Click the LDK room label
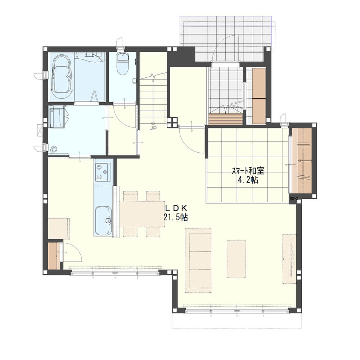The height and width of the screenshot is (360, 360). pyautogui.click(x=176, y=208)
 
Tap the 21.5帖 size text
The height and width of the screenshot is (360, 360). pyautogui.click(x=176, y=217)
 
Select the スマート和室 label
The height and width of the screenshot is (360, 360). pyautogui.click(x=248, y=171)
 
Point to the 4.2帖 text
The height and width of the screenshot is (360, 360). pyautogui.click(x=248, y=180)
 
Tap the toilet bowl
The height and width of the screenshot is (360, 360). pyautogui.click(x=122, y=64)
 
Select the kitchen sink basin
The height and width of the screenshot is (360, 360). pyautogui.click(x=103, y=220)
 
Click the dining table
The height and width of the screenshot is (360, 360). pyautogui.click(x=142, y=214)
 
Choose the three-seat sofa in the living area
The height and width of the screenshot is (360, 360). pyautogui.click(x=198, y=260)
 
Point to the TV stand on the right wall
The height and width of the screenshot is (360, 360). pyautogui.click(x=289, y=259)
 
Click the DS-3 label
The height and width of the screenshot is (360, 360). pyautogui.click(x=293, y=199)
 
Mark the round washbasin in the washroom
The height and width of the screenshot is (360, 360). pyautogui.click(x=53, y=150)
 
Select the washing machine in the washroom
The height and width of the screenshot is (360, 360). pyautogui.click(x=57, y=116)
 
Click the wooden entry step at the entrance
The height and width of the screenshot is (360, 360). pyautogui.click(x=226, y=119)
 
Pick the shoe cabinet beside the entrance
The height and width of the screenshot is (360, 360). pyautogui.click(x=259, y=96)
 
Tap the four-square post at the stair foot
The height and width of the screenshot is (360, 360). pyautogui.click(x=172, y=122)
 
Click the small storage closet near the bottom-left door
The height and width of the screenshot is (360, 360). pyautogui.click(x=54, y=256)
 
